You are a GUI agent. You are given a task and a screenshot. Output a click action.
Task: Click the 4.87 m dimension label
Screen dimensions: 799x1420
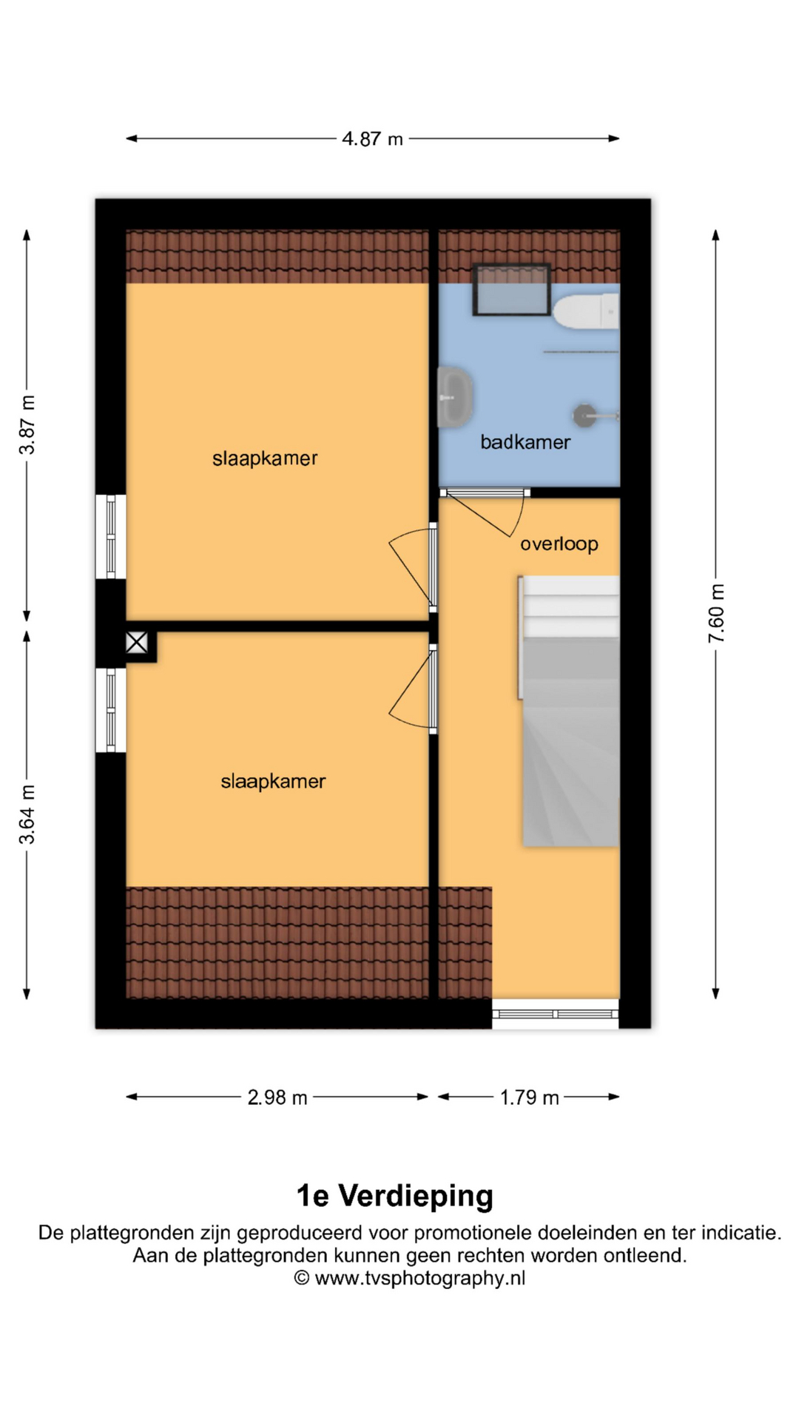[372, 139]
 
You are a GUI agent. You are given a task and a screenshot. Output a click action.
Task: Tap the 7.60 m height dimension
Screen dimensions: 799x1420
[716, 613]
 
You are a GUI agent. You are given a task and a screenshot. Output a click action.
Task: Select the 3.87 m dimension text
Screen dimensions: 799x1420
[27, 425]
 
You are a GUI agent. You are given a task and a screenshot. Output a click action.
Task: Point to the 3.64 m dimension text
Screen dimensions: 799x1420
[27, 814]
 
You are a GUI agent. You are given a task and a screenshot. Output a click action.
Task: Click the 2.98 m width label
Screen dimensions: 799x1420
[277, 1098]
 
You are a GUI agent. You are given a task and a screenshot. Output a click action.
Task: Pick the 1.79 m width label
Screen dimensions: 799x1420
[529, 1098]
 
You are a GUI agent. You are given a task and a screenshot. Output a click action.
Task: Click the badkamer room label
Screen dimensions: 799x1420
[525, 442]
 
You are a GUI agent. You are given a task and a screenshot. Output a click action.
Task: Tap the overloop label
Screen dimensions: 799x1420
[559, 544]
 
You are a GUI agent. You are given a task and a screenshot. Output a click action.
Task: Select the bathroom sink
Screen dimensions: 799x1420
[455, 397]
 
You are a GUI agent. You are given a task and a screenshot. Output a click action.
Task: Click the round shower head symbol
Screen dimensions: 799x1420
[584, 415]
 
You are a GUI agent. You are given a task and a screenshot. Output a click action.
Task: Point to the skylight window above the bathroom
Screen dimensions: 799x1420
[511, 289]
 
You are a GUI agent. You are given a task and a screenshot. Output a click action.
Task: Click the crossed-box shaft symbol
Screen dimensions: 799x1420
[137, 643]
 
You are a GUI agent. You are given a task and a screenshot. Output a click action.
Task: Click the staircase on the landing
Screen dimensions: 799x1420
[569, 711]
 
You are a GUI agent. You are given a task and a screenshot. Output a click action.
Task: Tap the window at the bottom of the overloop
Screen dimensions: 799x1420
[556, 1013]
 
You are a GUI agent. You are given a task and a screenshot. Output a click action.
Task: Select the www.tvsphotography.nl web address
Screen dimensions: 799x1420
[420, 1278]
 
